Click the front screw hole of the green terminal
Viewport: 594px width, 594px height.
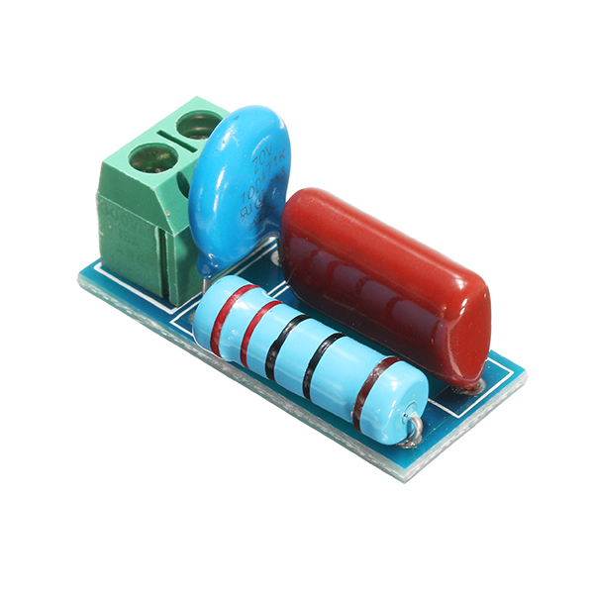point(152,156)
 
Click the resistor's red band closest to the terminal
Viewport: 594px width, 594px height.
point(227,314)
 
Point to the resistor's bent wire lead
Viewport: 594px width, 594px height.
point(413,428)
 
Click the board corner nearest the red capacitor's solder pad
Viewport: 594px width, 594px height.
point(522,377)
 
